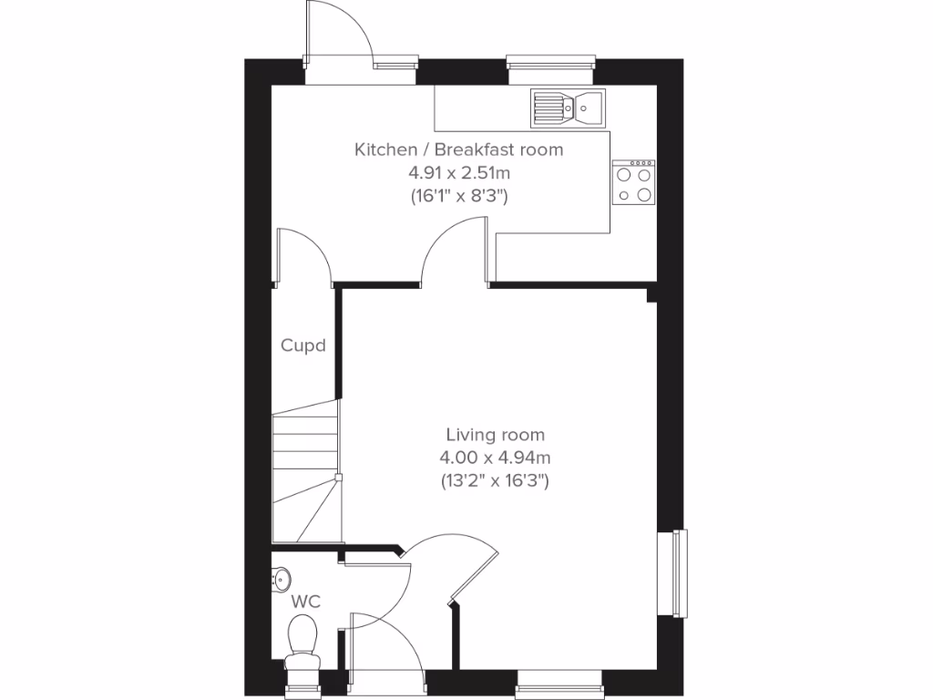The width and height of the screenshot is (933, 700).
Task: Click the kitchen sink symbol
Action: click(564, 108)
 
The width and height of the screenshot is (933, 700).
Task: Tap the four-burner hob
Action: click(633, 181)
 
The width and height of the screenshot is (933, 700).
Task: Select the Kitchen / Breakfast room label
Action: click(458, 149)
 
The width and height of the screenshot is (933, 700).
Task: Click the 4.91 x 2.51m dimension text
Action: click(458, 172)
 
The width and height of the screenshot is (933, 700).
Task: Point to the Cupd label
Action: click(302, 345)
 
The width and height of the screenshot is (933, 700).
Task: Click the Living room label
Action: click(495, 435)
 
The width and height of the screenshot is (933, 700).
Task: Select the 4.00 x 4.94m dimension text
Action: click(496, 458)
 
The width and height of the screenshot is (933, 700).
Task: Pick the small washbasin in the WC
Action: click(282, 577)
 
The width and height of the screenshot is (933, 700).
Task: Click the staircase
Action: click(306, 478)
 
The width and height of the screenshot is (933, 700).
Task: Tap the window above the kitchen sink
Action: click(551, 63)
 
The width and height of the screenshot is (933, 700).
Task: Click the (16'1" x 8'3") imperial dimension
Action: click(458, 195)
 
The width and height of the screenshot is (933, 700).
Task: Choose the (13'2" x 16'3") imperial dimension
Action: click(496, 480)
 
